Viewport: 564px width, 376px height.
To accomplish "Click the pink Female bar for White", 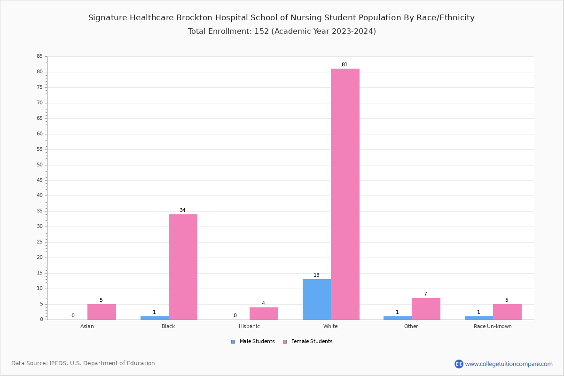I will pos(345,194).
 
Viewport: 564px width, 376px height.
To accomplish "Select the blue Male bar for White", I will pos(317,299).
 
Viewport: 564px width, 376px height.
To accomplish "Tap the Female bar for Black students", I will pos(183,267).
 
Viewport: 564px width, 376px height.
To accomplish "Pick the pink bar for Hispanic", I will pos(264,313).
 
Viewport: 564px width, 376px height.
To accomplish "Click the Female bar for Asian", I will pos(102,312).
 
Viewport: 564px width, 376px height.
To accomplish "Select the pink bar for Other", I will pos(426,309).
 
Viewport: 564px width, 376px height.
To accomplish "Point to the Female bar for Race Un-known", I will pos(507,312).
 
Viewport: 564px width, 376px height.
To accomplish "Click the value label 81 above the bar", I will pos(345,65).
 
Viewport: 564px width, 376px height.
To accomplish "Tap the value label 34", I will pos(182,211).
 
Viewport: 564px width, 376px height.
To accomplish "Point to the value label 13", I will pos(316,275).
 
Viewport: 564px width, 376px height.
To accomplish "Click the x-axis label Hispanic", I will pos(249,326).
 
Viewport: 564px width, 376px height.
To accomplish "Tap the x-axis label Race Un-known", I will pos(493,326).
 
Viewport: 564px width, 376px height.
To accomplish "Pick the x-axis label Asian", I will pos(87,326).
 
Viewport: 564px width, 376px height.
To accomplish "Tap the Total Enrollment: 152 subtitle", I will pos(282,31).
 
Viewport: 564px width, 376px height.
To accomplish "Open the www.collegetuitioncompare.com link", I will pos(509,364).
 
